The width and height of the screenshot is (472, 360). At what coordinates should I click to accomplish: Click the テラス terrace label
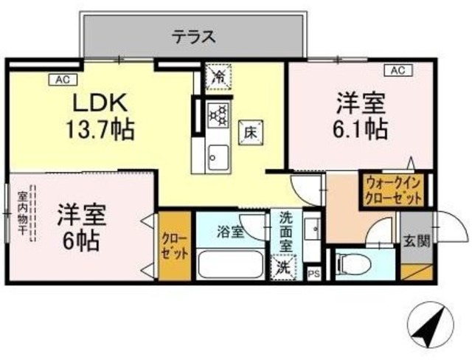pos(194,35)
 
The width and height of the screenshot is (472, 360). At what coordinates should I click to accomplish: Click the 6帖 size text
pos(80,240)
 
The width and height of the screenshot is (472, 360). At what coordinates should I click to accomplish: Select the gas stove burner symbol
pos(219,114)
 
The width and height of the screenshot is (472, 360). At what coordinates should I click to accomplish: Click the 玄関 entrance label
pos(413,240)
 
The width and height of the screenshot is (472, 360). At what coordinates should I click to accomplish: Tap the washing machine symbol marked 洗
pos(282,267)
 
